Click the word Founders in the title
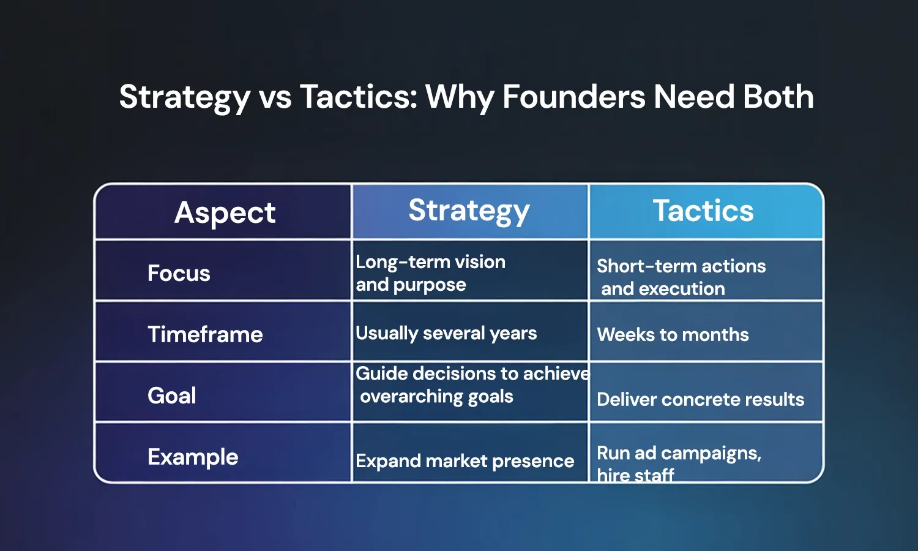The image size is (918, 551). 573,97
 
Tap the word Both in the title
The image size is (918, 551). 778,97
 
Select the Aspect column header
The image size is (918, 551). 225,212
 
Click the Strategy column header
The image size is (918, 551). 469,211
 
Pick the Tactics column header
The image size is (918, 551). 703,211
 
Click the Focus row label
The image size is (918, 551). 179,273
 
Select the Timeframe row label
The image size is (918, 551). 205,334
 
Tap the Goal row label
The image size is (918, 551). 172,395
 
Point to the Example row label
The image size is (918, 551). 193,457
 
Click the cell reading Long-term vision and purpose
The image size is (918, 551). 430,273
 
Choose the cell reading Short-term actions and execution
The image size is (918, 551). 681,277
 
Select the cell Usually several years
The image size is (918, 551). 446,333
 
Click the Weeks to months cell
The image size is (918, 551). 673,334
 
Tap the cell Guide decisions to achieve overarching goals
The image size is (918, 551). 471,385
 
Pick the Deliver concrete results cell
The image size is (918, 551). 700,399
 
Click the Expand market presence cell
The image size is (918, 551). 465,460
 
